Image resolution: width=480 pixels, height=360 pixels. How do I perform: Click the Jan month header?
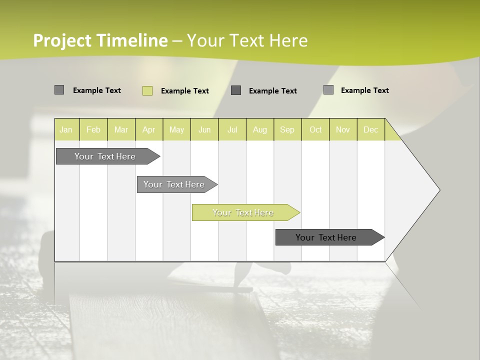click(x=66, y=129)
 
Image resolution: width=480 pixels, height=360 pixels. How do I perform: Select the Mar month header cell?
click(x=121, y=129)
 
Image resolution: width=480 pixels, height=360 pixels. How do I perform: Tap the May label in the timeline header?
click(x=176, y=129)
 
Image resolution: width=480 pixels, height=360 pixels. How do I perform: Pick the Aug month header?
click(x=259, y=129)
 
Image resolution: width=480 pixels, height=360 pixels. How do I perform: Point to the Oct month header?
click(x=315, y=129)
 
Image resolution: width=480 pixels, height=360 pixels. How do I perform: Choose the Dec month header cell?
click(x=370, y=129)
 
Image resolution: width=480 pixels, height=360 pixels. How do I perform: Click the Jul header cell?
click(x=232, y=129)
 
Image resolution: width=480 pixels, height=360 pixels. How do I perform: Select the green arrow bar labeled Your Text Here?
click(x=243, y=212)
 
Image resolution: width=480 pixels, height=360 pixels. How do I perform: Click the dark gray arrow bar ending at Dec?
click(x=326, y=237)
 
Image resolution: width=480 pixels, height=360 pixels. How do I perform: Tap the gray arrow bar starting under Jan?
click(x=105, y=156)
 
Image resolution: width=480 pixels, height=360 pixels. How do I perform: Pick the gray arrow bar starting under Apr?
click(x=174, y=184)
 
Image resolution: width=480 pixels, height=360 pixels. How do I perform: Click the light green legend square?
click(x=147, y=90)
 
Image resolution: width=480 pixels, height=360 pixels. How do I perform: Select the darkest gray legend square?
click(x=236, y=90)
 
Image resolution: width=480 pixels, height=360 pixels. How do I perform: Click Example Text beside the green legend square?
click(x=184, y=91)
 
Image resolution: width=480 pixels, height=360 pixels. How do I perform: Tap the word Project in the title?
click(x=62, y=40)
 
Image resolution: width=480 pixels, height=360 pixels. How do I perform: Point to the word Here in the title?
click(x=288, y=40)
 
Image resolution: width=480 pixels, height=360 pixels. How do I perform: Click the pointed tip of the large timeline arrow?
click(x=439, y=190)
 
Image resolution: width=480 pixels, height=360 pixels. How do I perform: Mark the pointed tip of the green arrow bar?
click(x=299, y=212)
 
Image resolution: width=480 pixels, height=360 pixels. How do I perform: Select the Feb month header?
click(x=93, y=129)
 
